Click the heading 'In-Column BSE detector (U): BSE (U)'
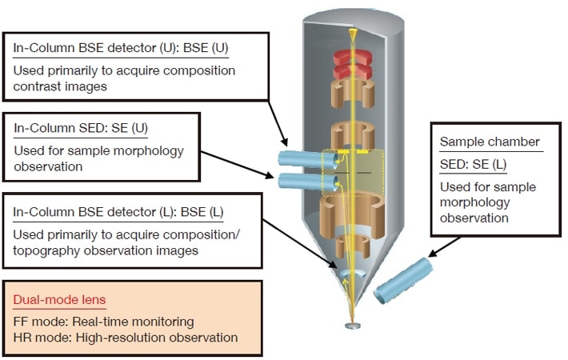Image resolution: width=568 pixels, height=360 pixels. pos(121,48)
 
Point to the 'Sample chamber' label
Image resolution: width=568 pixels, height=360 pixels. pos(490,142)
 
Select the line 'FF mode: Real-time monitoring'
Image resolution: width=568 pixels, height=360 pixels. pos(103,321)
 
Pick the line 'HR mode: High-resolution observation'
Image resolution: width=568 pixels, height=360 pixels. pos(125,337)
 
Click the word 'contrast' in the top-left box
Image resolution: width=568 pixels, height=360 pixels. pos(38,86)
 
